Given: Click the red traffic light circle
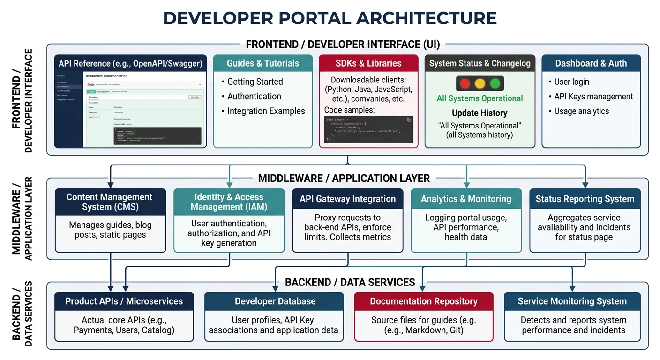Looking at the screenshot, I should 465,84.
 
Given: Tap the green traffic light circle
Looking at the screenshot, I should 495,84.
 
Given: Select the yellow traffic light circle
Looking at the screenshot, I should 480,84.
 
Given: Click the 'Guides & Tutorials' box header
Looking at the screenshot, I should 262,63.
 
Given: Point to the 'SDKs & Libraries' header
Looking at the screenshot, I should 368,63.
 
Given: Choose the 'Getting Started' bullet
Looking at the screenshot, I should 255,82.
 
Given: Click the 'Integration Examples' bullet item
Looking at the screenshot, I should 266,111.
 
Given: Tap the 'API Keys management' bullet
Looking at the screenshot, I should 593,97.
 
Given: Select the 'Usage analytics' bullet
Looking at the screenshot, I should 581,111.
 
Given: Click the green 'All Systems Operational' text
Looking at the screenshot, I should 480,98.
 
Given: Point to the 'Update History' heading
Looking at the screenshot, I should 480,113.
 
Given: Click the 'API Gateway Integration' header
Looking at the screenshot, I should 347,199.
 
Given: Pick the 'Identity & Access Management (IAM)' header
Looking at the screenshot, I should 229,202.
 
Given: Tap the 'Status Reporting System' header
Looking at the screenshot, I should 585,199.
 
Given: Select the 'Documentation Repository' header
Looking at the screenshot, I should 424,301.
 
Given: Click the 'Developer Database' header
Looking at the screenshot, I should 275,301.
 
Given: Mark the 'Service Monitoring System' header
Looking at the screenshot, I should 572,301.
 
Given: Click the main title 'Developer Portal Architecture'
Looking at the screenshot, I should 330,18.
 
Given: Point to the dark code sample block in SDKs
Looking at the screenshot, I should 368,129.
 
